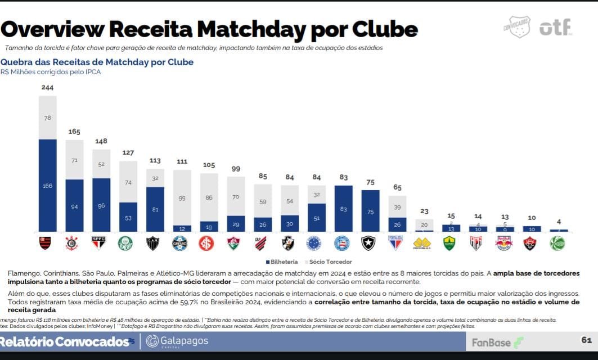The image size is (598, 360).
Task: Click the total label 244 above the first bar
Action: click(48, 88)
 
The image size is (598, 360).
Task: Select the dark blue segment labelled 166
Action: click(48, 185)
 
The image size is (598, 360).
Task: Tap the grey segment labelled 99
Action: click(182, 197)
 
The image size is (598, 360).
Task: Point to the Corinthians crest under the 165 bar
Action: click(72, 243)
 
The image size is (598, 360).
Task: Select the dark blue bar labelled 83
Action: click(343, 209)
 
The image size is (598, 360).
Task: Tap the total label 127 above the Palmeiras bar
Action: click(128, 152)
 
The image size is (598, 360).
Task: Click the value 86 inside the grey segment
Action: click(209, 197)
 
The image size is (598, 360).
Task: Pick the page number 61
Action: click(586, 340)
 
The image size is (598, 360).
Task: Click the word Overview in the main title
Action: click(52, 29)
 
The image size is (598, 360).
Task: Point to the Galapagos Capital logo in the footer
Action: click(177, 341)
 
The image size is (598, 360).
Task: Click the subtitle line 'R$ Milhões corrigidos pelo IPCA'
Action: click(51, 72)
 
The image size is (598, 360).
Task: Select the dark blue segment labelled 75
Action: click(370, 211)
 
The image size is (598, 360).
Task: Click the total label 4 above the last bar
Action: click(559, 222)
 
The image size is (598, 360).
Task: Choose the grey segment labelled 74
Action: click(128, 182)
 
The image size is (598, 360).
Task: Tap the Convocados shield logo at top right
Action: click(516, 26)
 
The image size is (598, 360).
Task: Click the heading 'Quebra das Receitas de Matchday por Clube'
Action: click(97, 62)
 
